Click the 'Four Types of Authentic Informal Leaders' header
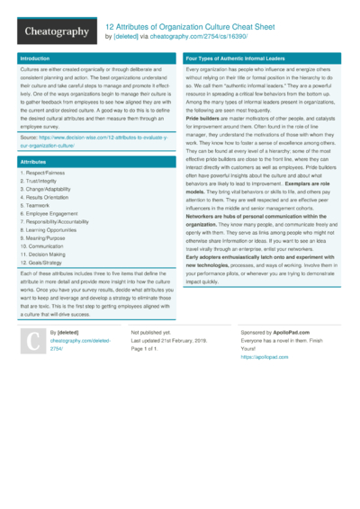236,58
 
